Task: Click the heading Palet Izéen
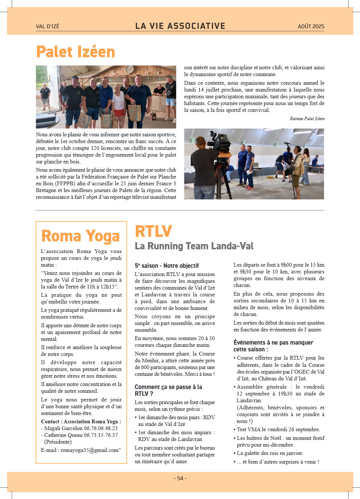coord(75,52)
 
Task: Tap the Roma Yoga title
coord(80,236)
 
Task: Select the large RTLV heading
coord(153,231)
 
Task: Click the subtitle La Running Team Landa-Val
coord(194,246)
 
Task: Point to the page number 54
coord(180,478)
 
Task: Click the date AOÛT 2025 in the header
coord(311,26)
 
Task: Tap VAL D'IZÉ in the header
coord(47,26)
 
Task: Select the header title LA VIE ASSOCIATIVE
coord(180,26)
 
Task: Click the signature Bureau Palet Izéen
coord(307,119)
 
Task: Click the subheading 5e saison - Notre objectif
coord(167,266)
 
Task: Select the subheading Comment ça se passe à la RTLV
coord(168,390)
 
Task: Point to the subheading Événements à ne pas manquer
coord(273,346)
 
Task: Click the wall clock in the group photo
coord(129,69)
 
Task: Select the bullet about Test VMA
coord(278,429)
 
